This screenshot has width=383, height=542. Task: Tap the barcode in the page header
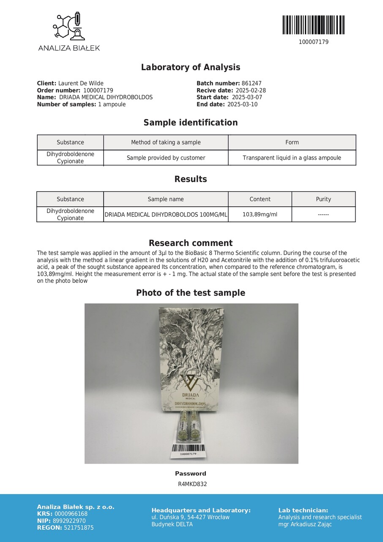pyautogui.click(x=313, y=25)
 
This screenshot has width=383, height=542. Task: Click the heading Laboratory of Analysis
pyautogui.click(x=191, y=67)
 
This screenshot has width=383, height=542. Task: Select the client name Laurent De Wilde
pyautogui.click(x=81, y=83)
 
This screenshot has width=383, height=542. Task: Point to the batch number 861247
pyautogui.click(x=252, y=83)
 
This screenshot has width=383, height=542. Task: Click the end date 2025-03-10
pyautogui.click(x=242, y=104)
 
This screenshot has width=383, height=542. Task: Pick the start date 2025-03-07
pyautogui.click(x=247, y=97)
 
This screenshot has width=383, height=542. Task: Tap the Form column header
pyautogui.click(x=292, y=142)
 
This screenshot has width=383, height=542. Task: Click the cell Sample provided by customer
pyautogui.click(x=166, y=158)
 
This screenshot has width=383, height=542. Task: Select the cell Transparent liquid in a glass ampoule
pyautogui.click(x=292, y=158)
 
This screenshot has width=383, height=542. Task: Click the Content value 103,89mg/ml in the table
pyautogui.click(x=260, y=214)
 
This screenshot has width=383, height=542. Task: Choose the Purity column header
pyautogui.click(x=323, y=199)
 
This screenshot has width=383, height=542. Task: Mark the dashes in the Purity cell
pyautogui.click(x=323, y=215)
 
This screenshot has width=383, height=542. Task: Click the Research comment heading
pyautogui.click(x=191, y=243)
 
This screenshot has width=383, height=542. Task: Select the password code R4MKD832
pyautogui.click(x=192, y=484)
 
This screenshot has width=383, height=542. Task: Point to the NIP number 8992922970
pyautogui.click(x=70, y=521)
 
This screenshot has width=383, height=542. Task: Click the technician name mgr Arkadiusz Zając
pyautogui.click(x=305, y=524)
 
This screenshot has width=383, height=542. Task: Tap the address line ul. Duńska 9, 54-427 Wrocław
pyautogui.click(x=190, y=517)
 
